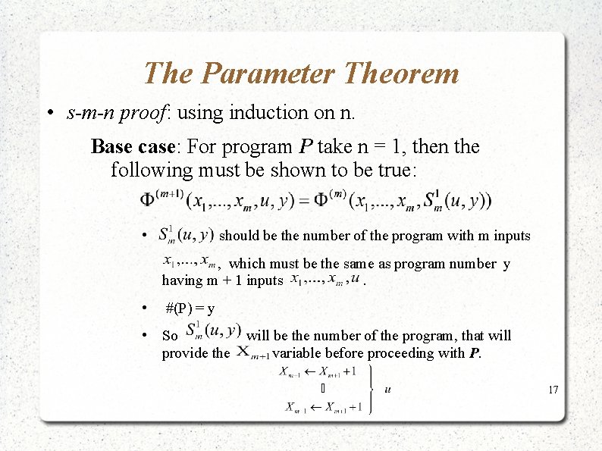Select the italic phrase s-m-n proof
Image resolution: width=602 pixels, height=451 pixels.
(x=118, y=113)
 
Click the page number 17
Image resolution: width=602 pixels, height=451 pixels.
(x=553, y=390)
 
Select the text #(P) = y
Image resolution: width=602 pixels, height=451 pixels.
(x=190, y=308)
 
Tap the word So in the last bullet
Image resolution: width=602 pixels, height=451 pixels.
(x=170, y=336)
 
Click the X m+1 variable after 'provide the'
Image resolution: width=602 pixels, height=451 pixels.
(x=252, y=352)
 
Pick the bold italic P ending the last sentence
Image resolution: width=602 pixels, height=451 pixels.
(x=475, y=352)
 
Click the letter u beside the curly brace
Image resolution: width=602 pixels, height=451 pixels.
(x=388, y=390)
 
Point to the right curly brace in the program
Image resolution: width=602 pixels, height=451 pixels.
(x=369, y=390)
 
